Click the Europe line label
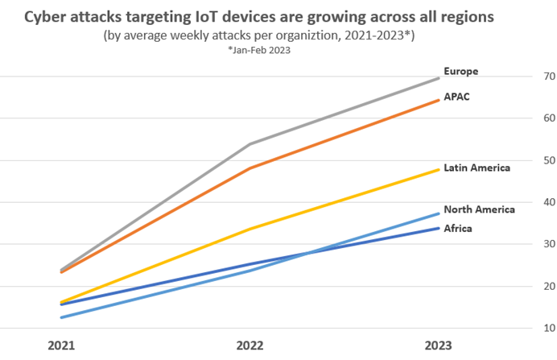(461, 71)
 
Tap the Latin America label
(477, 167)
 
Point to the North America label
(479, 209)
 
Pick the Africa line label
(459, 228)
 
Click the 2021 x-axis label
(62, 346)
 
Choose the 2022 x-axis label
(251, 346)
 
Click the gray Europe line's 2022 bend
(251, 144)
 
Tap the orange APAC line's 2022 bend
(251, 168)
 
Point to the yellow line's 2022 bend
(251, 229)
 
